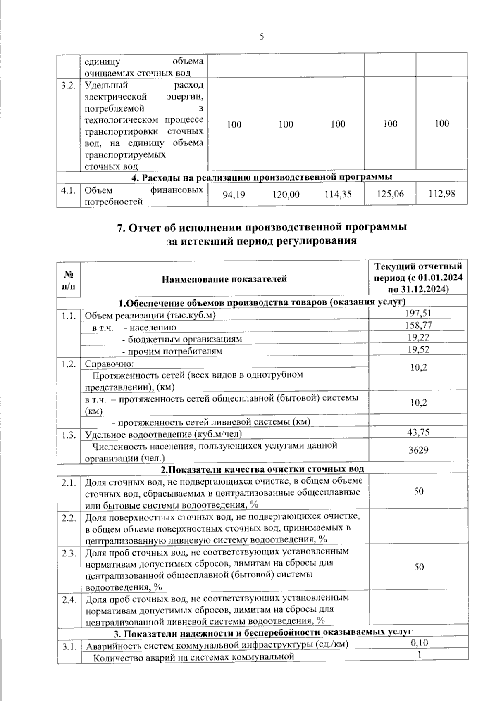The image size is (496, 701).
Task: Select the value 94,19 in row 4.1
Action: click(234, 194)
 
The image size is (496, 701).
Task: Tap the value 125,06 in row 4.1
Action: click(390, 194)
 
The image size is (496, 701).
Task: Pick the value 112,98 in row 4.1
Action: click(441, 193)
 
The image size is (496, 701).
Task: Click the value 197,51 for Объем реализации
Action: click(418, 314)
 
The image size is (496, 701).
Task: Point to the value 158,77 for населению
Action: click(418, 326)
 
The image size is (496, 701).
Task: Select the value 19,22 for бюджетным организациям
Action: click(418, 337)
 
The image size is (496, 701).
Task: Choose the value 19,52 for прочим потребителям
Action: click(418, 349)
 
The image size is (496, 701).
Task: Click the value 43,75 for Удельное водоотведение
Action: click(418, 432)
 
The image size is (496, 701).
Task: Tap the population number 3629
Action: click(418, 450)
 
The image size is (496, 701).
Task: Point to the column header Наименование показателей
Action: click(224, 279)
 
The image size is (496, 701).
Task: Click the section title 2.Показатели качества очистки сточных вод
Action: click(262, 469)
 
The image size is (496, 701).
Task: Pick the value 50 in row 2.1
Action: click(418, 491)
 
